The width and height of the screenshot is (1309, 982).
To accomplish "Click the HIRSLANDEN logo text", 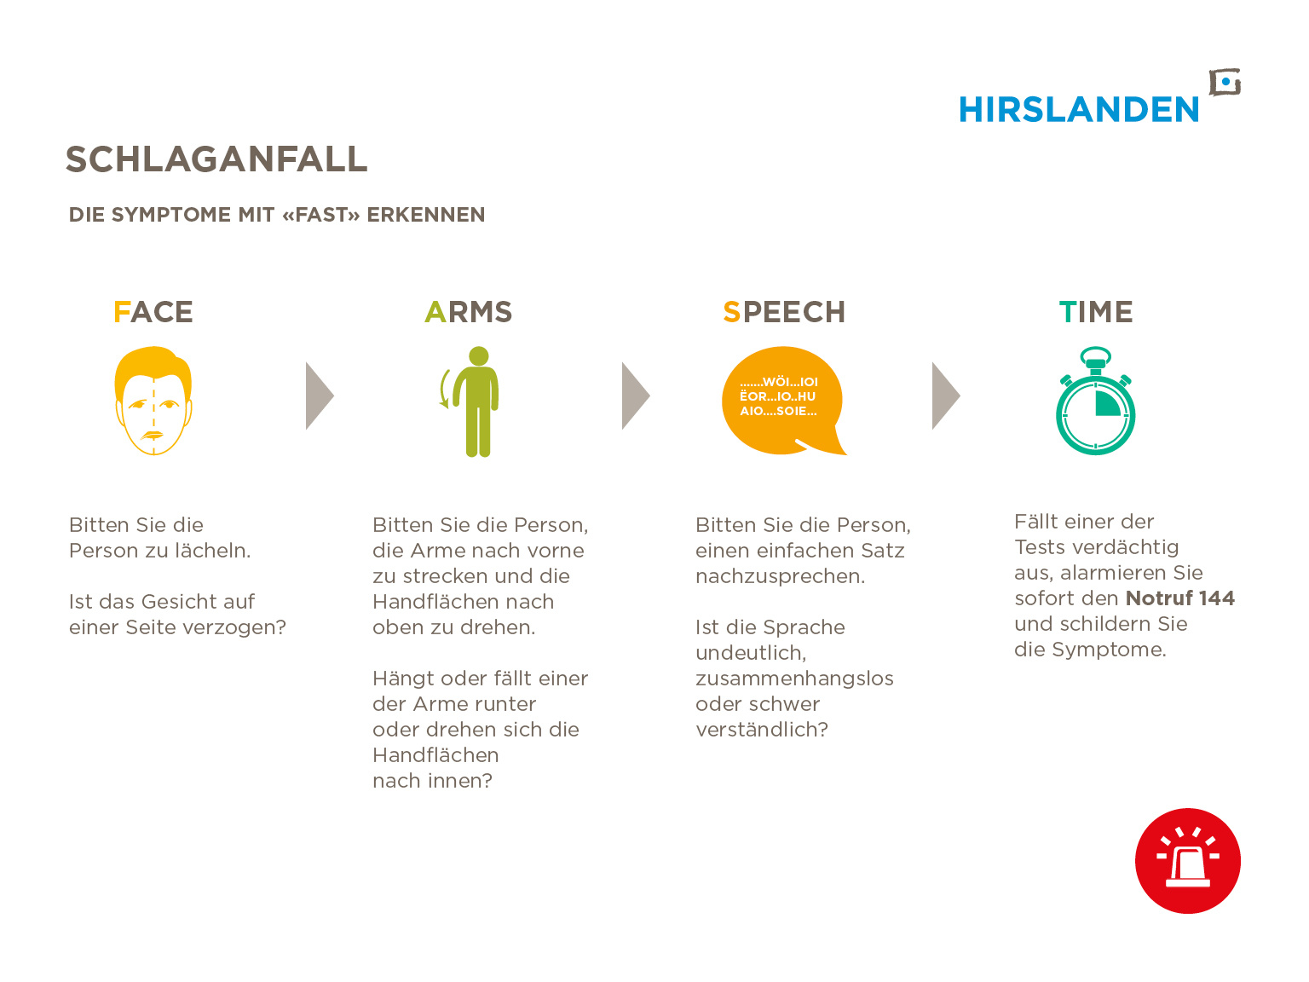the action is tap(1078, 110).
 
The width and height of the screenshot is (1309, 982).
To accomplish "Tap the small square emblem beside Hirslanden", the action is tap(1225, 83).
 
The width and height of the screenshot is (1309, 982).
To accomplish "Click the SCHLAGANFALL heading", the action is tap(216, 159).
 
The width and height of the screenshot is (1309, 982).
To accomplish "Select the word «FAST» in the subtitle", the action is tap(321, 215).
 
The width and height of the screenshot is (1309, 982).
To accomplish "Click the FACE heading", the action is tap(153, 312).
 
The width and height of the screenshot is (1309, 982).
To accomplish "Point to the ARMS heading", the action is tap(468, 312).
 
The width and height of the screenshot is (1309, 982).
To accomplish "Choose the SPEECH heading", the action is tap(784, 312).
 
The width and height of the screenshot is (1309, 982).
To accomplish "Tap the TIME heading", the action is tap(1095, 312).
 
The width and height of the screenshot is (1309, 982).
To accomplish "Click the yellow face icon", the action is tap(153, 401).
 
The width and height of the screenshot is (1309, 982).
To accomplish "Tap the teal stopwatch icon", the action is tap(1095, 401).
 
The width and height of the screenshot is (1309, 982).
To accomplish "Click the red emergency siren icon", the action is tap(1187, 861).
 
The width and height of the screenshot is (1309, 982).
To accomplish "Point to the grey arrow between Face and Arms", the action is tap(320, 396).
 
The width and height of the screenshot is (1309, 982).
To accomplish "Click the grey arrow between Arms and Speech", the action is tap(636, 396).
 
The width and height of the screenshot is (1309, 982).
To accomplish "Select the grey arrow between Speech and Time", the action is tap(946, 396).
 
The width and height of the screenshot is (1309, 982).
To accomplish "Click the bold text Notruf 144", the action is tap(1180, 598).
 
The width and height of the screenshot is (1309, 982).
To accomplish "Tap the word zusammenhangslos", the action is tap(794, 679).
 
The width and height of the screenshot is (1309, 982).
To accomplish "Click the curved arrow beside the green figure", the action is tap(444, 389).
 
